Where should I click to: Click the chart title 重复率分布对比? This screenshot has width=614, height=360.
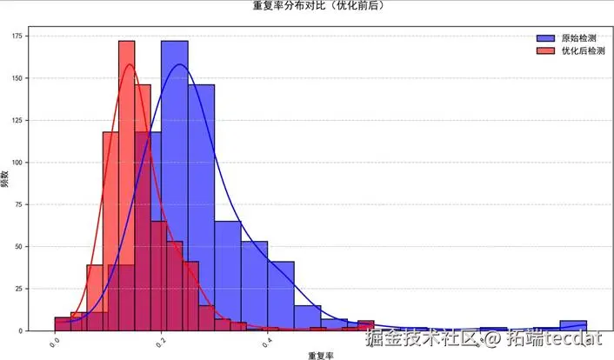[318, 6]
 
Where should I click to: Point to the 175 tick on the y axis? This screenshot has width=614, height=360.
[17, 36]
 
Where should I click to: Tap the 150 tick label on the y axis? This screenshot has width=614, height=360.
[17, 78]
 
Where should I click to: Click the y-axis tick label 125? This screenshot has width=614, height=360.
[17, 120]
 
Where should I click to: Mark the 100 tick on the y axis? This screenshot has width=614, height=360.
[17, 163]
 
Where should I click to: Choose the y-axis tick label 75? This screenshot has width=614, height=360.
[19, 204]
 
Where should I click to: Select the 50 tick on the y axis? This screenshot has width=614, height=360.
[19, 247]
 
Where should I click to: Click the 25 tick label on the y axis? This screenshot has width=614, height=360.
[19, 289]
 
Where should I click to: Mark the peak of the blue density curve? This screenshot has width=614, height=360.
[180, 64]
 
